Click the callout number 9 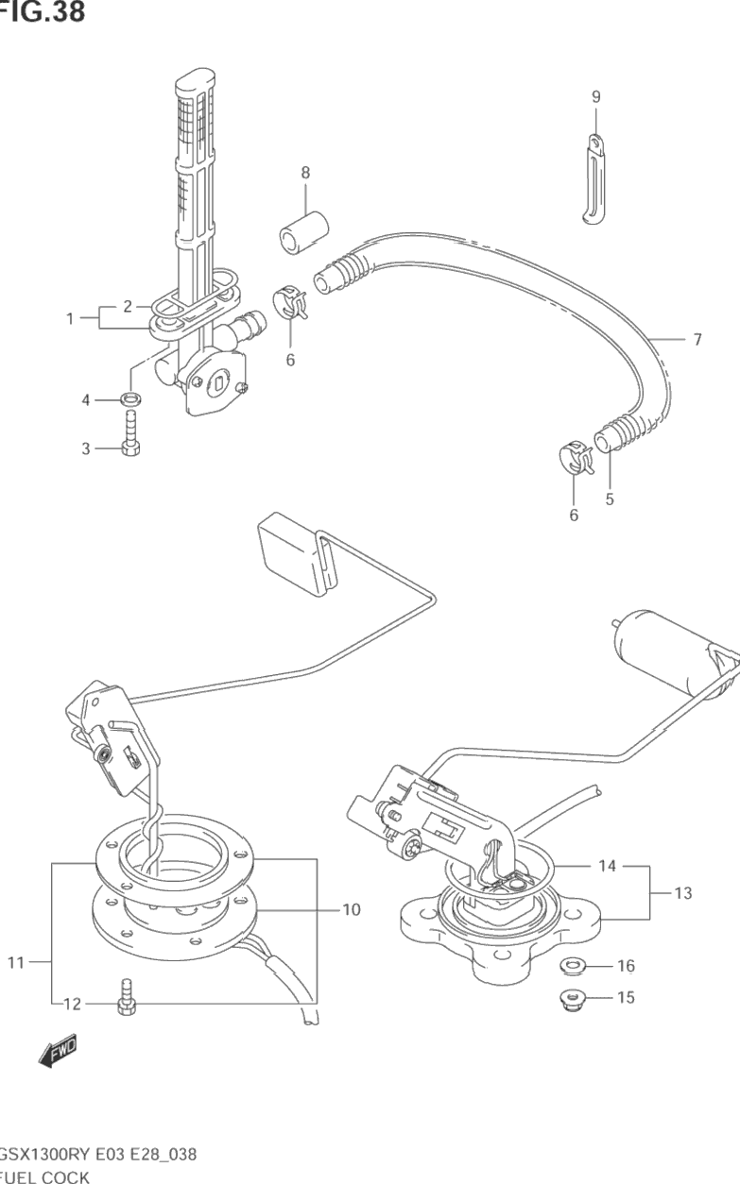[596, 96]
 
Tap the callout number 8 [305, 173]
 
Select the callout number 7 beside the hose [697, 339]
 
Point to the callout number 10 [352, 909]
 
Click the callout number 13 [683, 893]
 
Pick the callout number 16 [626, 966]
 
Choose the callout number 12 [73, 1004]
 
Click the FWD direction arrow [59, 1050]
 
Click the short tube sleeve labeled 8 [303, 233]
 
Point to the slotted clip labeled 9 [595, 179]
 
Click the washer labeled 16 [571, 967]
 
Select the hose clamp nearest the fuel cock [290, 302]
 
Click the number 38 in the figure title [68, 11]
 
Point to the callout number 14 [607, 866]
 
